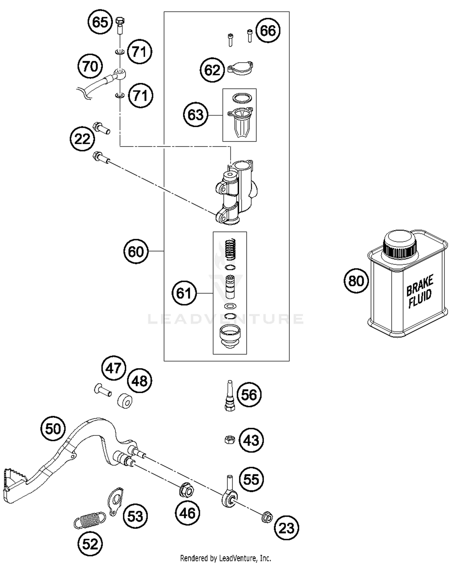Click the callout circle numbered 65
point(100,22)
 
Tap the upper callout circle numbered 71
point(140,52)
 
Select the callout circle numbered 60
point(136,251)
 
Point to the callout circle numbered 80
point(356,281)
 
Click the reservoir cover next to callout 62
point(240,68)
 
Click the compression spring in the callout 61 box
point(231,249)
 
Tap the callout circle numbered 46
point(188,513)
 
